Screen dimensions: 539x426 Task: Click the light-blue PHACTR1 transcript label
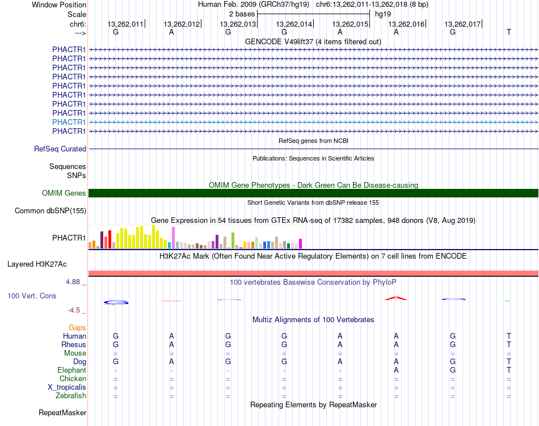pyautogui.click(x=69, y=122)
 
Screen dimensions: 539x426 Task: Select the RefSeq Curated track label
pyautogui.click(x=60, y=149)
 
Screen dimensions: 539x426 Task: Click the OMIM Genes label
pyautogui.click(x=64, y=193)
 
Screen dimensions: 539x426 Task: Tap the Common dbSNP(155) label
pyautogui.click(x=50, y=210)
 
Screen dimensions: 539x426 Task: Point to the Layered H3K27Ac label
pyautogui.click(x=37, y=264)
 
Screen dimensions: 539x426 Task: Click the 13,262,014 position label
pyautogui.click(x=294, y=24)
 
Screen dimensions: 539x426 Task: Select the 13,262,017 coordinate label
pyautogui.click(x=462, y=24)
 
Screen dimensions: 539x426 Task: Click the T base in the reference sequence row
pyautogui.click(x=509, y=32)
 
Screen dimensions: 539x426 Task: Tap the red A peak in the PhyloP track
pyautogui.click(x=395, y=298)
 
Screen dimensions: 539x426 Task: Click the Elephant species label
pyautogui.click(x=72, y=370)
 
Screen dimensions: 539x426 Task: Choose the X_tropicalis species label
pyautogui.click(x=67, y=387)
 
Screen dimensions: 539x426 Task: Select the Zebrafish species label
pyautogui.click(x=71, y=396)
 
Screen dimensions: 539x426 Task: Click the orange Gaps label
pyautogui.click(x=77, y=327)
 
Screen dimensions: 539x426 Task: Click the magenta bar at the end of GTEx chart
pyautogui.click(x=300, y=243)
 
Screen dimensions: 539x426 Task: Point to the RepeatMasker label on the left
pyautogui.click(x=62, y=412)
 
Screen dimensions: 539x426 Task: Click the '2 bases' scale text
pyautogui.click(x=242, y=14)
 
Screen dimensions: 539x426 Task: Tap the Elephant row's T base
pyautogui.click(x=509, y=370)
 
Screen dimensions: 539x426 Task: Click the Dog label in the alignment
pyautogui.click(x=80, y=362)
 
